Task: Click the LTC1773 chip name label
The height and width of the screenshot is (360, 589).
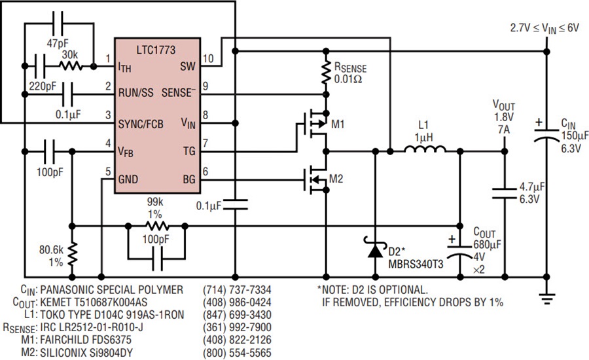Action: (x=156, y=50)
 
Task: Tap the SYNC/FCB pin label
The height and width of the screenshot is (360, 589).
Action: (x=141, y=124)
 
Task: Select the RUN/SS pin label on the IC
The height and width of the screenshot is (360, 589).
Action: (x=136, y=92)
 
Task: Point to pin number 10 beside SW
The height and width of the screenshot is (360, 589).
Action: (x=208, y=58)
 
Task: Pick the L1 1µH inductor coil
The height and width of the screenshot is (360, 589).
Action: (x=425, y=149)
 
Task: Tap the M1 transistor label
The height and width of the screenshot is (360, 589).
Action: (x=338, y=124)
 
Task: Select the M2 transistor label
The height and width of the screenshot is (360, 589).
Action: (x=336, y=179)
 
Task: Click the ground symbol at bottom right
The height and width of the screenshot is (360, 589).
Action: (x=546, y=298)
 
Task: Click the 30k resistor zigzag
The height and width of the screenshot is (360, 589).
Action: (x=70, y=66)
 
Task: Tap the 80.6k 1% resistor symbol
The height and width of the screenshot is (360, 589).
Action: (x=72, y=254)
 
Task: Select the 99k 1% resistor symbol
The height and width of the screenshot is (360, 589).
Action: (x=157, y=226)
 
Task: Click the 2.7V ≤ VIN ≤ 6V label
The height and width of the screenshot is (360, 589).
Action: (x=544, y=29)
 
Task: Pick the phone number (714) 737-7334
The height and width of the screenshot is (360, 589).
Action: (x=237, y=290)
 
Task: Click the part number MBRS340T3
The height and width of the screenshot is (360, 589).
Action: (x=416, y=264)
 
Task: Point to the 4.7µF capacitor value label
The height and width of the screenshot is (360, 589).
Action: (x=532, y=187)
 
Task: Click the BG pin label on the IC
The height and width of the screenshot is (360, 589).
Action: (x=189, y=179)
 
